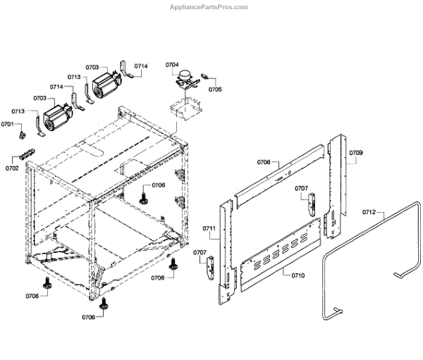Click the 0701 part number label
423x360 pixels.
[7, 124]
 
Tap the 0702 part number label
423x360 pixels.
[12, 169]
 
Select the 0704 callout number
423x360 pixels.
[173, 65]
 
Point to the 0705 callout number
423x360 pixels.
[215, 89]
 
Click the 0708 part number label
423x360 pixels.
[264, 162]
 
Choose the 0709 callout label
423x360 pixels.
[356, 153]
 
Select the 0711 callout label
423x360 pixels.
[209, 229]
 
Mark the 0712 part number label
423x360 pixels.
[369, 211]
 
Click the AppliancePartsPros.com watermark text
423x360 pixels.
[210, 7]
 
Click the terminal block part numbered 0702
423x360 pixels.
[26, 156]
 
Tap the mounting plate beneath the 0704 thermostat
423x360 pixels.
[185, 107]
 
